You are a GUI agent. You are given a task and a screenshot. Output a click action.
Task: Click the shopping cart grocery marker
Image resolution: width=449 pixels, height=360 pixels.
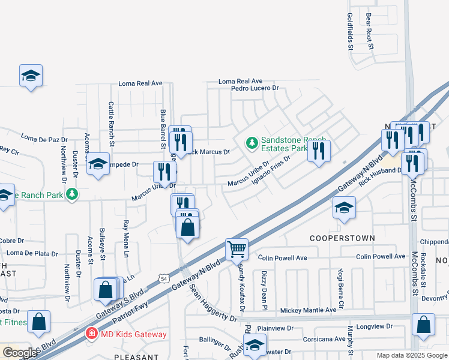point(237,248)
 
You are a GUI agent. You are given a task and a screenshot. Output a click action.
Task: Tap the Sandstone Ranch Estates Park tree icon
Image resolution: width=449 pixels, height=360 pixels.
point(252,142)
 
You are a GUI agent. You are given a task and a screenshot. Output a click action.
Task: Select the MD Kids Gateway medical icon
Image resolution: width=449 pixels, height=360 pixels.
point(91,333)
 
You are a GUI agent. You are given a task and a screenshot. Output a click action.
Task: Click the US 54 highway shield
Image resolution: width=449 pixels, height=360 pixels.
point(163,278)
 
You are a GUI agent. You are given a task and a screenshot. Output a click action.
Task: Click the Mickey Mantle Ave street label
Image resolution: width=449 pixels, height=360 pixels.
point(309,310)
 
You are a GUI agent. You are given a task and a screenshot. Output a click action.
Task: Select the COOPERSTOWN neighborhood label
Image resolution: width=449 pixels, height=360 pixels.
point(342,238)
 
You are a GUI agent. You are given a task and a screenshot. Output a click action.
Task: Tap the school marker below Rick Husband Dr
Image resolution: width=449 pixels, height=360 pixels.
point(344,208)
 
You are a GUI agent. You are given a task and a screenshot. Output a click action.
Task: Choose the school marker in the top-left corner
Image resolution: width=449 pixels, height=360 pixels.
point(31,76)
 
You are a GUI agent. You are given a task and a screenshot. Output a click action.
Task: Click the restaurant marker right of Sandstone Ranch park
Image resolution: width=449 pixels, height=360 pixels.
point(319,150)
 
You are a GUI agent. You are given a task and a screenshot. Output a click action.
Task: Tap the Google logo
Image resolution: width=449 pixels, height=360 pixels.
point(20,353)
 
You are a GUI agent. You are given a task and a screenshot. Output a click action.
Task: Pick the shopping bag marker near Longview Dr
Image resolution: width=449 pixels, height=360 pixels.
point(423,325)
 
